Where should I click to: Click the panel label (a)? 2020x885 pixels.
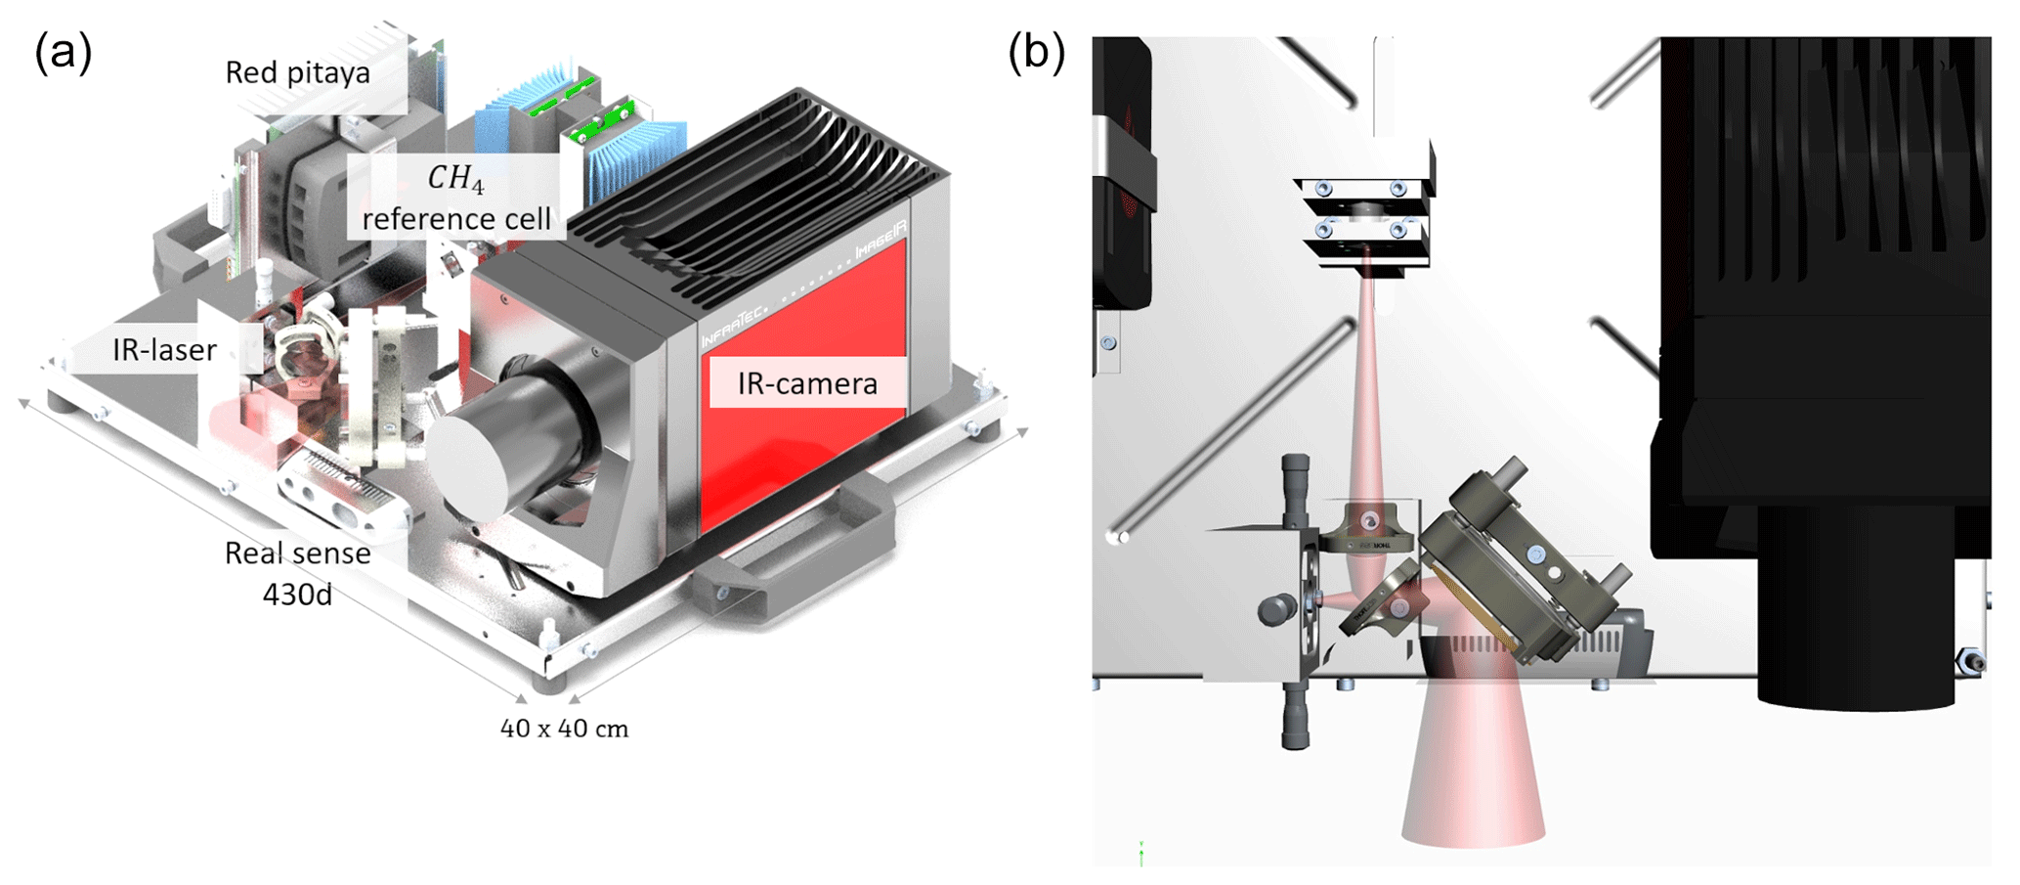pos(63,51)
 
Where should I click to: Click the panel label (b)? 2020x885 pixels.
pos(1036,51)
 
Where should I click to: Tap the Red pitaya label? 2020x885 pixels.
pos(297,72)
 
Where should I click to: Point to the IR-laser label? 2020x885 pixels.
pos(164,350)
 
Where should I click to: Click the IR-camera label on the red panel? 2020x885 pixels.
pos(807,383)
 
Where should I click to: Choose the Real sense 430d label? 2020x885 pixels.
pos(298,573)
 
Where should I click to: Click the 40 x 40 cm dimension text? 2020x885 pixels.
pos(564,729)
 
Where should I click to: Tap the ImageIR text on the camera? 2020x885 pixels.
pos(881,241)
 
